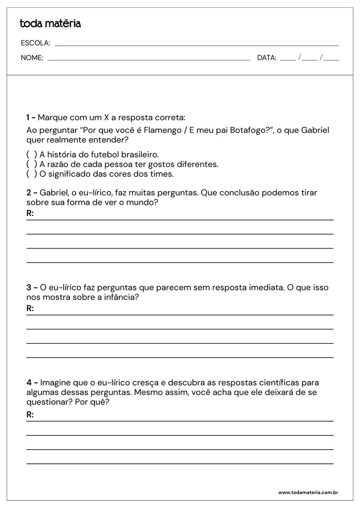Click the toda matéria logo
tap(50, 24)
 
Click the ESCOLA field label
tap(35, 43)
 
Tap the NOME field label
tap(32, 58)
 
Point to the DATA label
tap(266, 58)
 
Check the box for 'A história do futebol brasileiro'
tap(32, 154)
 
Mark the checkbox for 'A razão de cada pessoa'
tap(32, 164)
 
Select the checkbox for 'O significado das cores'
tap(32, 173)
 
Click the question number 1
tap(28, 117)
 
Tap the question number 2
tap(29, 192)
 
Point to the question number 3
tap(29, 287)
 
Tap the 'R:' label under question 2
tap(30, 213)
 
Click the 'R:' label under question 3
tap(30, 308)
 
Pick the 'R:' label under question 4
tap(30, 414)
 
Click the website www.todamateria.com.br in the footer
tap(307, 493)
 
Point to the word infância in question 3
tap(120, 297)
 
